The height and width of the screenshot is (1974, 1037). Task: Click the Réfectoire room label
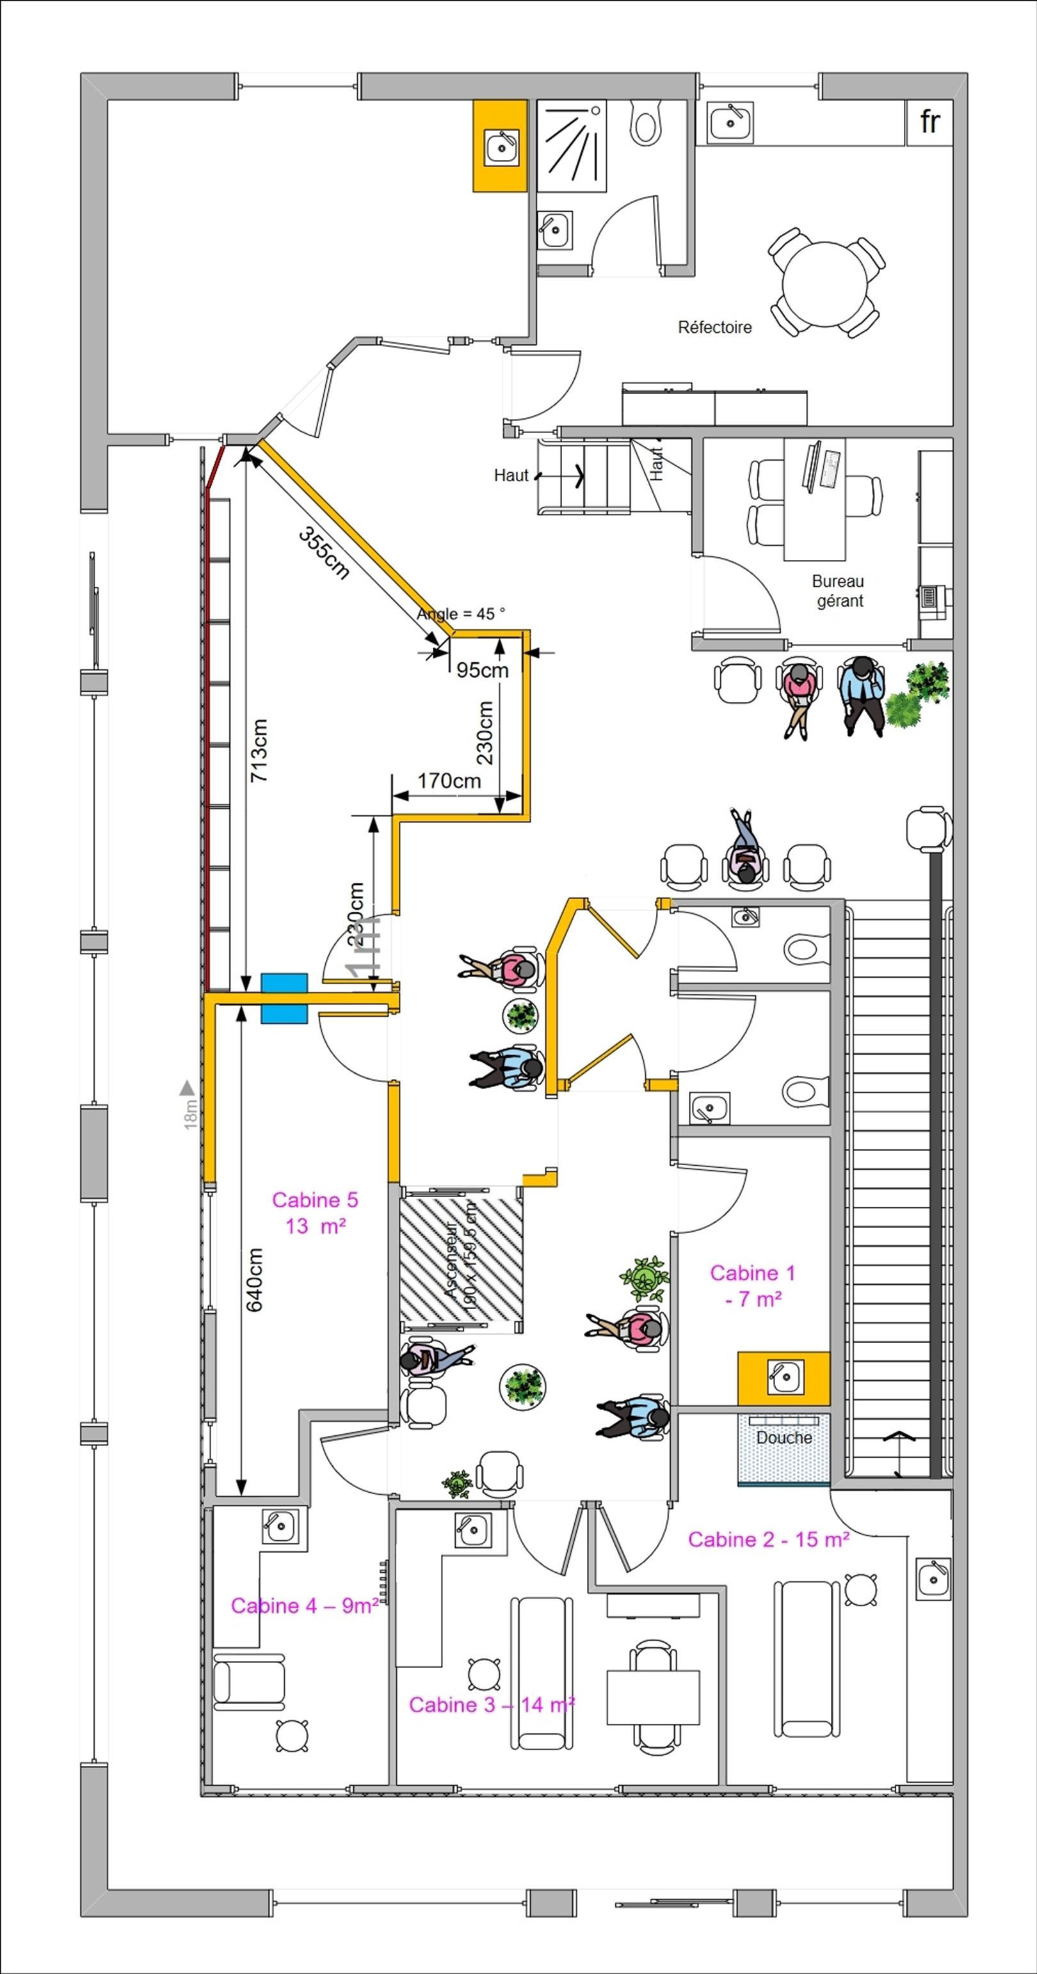(714, 327)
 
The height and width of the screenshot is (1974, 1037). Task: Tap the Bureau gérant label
(839, 591)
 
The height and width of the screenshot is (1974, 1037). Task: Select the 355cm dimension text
(324, 552)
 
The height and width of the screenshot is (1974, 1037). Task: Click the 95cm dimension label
(482, 671)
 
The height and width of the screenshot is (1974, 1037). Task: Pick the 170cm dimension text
(449, 781)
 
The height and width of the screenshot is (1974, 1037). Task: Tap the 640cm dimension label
(255, 1280)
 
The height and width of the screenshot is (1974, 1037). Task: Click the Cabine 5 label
(315, 1213)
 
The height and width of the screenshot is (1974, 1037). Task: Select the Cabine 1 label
(753, 1285)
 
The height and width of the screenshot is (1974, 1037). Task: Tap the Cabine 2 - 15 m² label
(768, 1540)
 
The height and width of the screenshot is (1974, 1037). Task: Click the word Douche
(784, 1438)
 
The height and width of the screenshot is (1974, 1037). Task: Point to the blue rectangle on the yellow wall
(284, 998)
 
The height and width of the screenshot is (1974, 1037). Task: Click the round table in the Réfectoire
(824, 284)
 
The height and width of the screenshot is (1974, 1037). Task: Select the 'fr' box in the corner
(929, 122)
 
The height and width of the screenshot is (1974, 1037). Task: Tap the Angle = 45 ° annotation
(461, 614)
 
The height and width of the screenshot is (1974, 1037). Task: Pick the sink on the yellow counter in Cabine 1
(785, 1377)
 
